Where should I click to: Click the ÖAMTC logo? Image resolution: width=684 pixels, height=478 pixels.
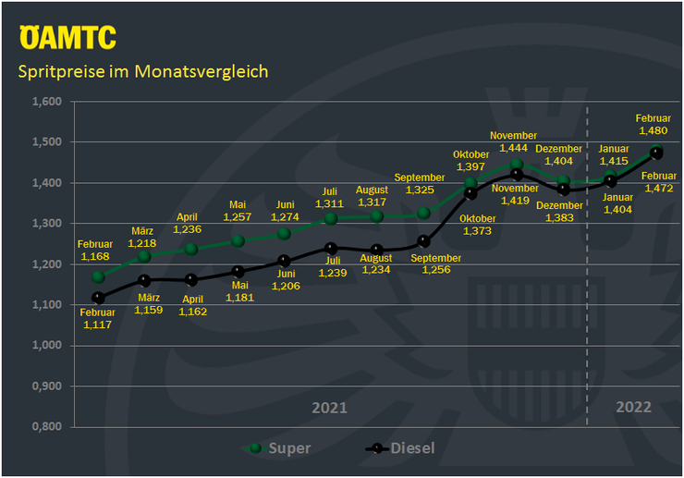[x=67, y=37]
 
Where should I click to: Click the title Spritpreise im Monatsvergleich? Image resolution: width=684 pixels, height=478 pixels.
[x=143, y=71]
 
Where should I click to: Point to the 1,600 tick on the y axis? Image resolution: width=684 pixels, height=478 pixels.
[x=46, y=102]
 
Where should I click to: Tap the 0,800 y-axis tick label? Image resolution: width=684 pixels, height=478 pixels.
[x=46, y=427]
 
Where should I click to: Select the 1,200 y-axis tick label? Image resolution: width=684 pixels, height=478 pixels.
[x=46, y=264]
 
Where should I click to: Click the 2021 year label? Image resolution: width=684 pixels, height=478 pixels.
[x=329, y=407]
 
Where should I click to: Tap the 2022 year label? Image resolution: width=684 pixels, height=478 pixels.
[x=634, y=407]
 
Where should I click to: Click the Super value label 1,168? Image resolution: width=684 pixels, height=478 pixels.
[x=96, y=256]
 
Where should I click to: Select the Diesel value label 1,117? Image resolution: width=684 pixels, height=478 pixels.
[x=98, y=325]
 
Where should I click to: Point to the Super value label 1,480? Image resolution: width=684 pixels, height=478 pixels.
[x=653, y=130]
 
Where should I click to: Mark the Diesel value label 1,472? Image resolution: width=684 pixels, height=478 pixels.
[x=658, y=189]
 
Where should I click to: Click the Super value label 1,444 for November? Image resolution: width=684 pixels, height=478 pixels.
[x=513, y=148]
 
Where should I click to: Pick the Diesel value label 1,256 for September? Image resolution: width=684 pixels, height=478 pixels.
[x=437, y=270]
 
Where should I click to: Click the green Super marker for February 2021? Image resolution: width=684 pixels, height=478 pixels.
[x=99, y=276]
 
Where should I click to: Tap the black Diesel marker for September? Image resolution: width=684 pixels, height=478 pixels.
[x=423, y=242]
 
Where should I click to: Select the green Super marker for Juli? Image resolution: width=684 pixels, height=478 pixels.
[x=330, y=218]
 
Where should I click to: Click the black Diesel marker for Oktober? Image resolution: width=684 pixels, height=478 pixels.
[x=470, y=194]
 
